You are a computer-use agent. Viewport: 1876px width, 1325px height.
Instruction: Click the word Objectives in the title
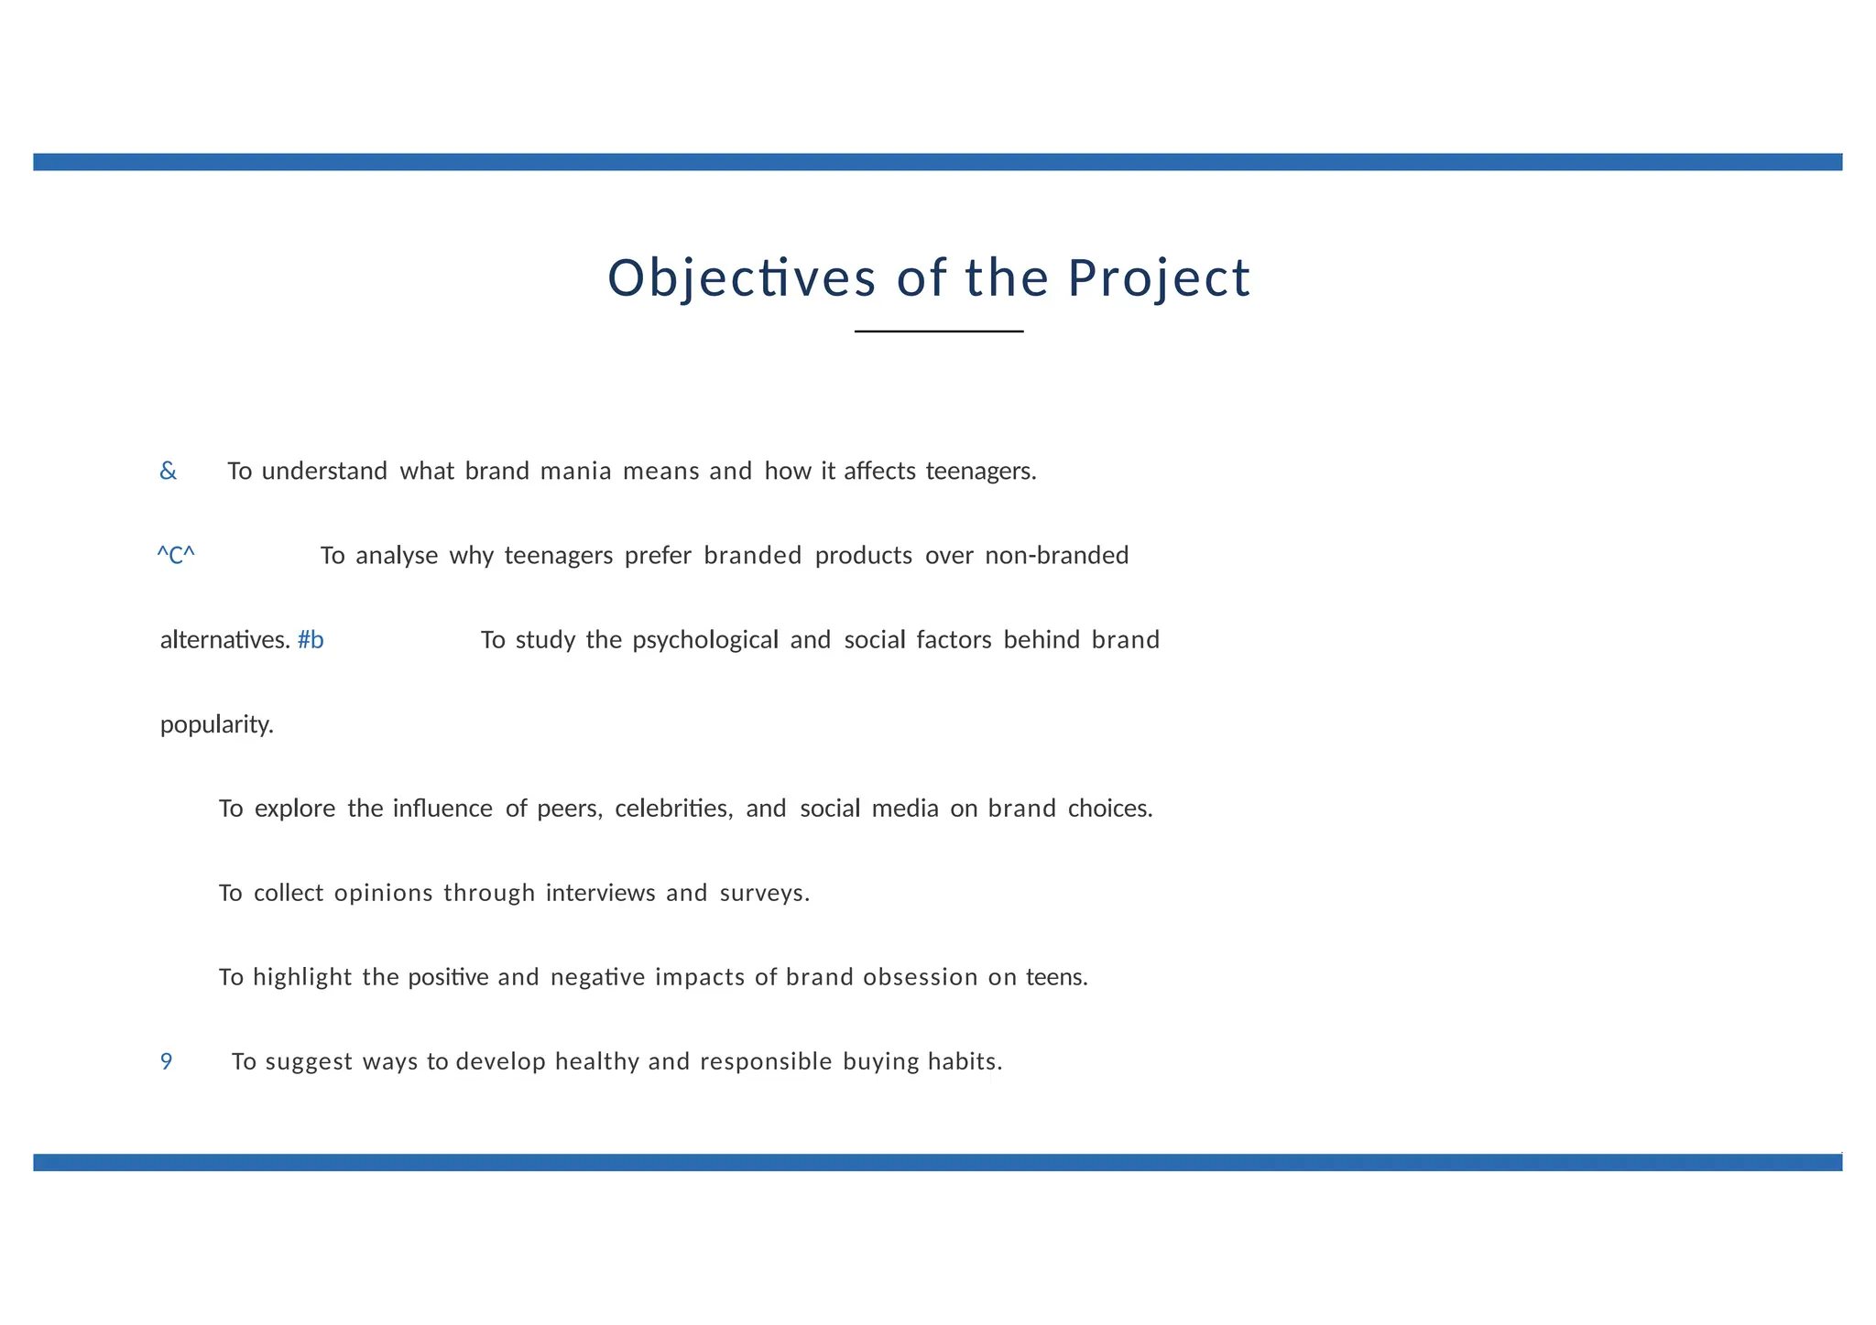pyautogui.click(x=741, y=278)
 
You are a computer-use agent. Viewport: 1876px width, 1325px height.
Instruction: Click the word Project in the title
pyautogui.click(x=1159, y=278)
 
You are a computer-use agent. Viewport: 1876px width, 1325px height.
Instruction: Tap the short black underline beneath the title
pyautogui.click(x=939, y=331)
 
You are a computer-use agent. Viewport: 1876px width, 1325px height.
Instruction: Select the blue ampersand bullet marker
pyautogui.click(x=168, y=472)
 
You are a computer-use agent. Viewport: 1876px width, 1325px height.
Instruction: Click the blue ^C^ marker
pyautogui.click(x=176, y=556)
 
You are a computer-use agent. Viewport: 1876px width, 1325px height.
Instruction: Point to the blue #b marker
pyautogui.click(x=311, y=640)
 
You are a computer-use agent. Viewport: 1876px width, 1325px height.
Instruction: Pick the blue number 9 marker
pyautogui.click(x=166, y=1062)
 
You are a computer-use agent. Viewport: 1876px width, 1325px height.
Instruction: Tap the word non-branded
pyautogui.click(x=1056, y=556)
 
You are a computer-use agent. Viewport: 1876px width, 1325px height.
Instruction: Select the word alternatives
pyautogui.click(x=224, y=640)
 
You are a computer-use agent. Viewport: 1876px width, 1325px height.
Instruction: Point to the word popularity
pyautogui.click(x=216, y=725)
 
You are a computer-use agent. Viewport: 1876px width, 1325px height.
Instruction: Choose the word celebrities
pyautogui.click(x=673, y=809)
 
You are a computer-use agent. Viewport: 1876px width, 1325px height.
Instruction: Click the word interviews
pyautogui.click(x=600, y=893)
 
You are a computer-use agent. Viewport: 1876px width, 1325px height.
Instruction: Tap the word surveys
pyautogui.click(x=764, y=893)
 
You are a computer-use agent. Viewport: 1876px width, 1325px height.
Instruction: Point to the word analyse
pyautogui.click(x=397, y=556)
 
